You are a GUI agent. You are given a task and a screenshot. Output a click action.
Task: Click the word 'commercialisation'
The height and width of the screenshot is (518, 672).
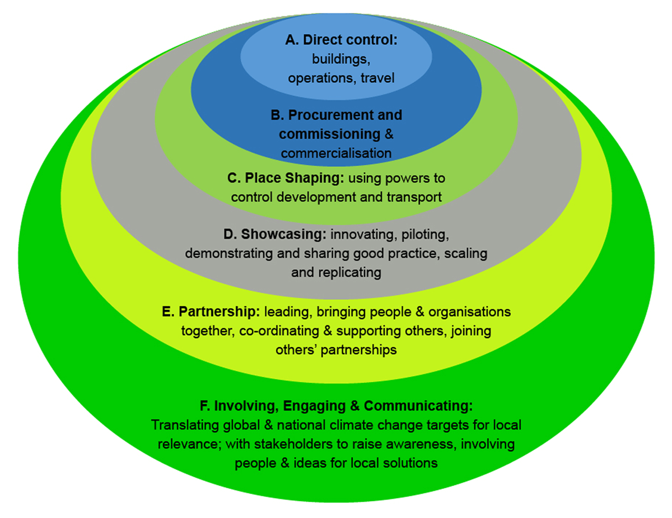(x=336, y=152)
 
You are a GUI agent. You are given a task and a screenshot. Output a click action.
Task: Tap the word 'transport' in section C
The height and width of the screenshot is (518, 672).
(x=414, y=197)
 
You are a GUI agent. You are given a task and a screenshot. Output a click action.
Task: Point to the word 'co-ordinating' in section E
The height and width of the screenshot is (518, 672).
(x=279, y=330)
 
